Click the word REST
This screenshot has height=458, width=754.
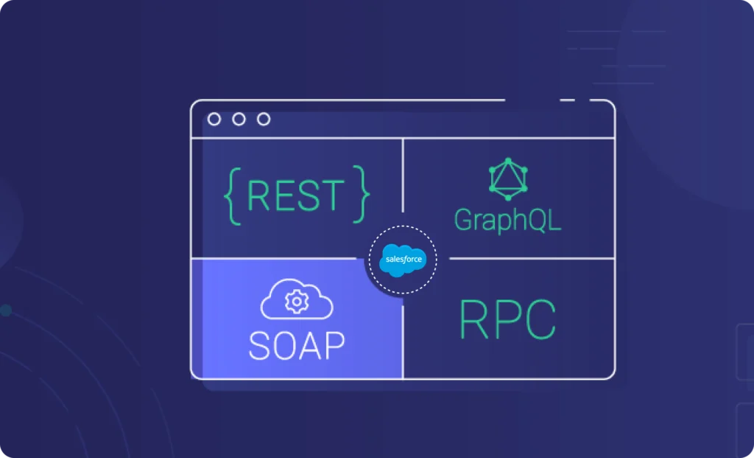[295, 195]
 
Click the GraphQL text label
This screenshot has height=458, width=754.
[507, 219]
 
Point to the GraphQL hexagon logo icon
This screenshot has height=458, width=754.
[508, 179]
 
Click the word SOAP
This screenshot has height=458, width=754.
[297, 344]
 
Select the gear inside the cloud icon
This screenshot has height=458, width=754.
[297, 302]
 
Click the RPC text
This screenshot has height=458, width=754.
[507, 320]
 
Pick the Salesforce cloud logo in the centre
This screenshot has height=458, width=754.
[402, 260]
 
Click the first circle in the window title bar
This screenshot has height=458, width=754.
[214, 119]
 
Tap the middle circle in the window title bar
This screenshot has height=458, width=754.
[239, 119]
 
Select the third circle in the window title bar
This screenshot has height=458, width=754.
[263, 119]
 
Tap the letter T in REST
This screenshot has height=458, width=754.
[333, 195]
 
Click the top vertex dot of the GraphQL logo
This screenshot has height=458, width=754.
[508, 160]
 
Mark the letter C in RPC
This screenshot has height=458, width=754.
[540, 320]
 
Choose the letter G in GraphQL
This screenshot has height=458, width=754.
[465, 219]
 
